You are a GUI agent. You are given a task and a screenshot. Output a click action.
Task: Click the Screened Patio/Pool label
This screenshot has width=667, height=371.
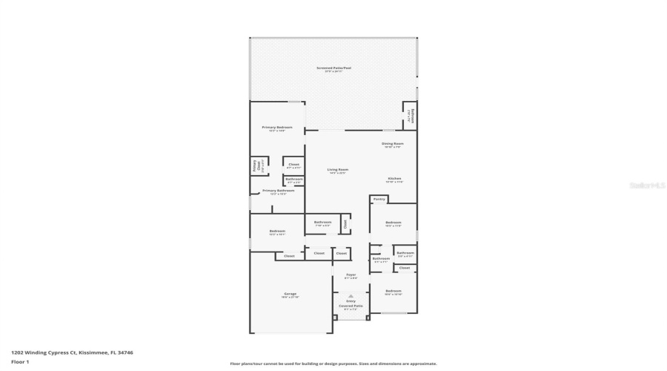tap(333, 68)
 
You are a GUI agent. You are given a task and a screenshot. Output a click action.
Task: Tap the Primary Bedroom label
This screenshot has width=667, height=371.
tap(277, 128)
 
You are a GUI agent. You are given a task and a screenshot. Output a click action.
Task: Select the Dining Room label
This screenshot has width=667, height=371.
tap(393, 143)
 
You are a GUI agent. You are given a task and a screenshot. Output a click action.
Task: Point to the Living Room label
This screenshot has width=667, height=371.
tap(338, 170)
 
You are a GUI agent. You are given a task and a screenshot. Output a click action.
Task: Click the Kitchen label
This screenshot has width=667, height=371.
tap(394, 179)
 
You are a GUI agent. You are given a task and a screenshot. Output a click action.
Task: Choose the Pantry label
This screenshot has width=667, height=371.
tap(379, 199)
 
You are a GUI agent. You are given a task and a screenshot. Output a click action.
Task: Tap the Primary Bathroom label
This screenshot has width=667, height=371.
tap(278, 191)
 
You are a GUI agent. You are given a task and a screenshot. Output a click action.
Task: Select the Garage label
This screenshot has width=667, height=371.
tap(290, 294)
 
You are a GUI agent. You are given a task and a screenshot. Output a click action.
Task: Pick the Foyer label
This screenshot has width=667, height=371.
tap(351, 275)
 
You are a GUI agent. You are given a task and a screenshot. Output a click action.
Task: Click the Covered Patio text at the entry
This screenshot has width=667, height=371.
tap(351, 306)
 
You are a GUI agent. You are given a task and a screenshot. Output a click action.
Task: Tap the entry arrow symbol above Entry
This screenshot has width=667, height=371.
tap(351, 295)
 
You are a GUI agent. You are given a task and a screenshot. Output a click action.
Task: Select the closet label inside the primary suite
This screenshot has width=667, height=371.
tap(293, 164)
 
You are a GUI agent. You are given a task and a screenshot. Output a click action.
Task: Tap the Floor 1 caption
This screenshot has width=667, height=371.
tap(19, 361)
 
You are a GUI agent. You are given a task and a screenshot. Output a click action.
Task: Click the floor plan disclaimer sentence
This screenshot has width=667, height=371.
tap(333, 364)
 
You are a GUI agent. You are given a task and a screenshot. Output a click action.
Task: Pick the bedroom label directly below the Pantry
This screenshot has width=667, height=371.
tap(393, 223)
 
